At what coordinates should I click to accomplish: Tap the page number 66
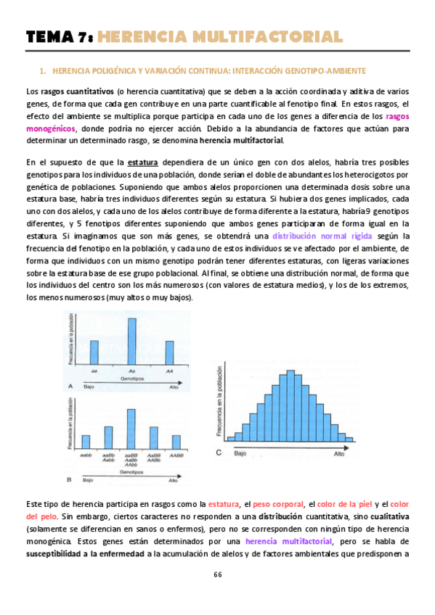click(x=217, y=574)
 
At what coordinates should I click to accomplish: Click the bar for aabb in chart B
click(x=86, y=442)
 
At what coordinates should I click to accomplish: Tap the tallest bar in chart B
click(x=131, y=429)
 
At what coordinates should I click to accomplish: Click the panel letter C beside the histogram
click(x=219, y=453)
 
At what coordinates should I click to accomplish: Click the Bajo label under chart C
click(x=240, y=453)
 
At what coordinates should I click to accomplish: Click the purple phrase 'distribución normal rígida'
click(x=322, y=236)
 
